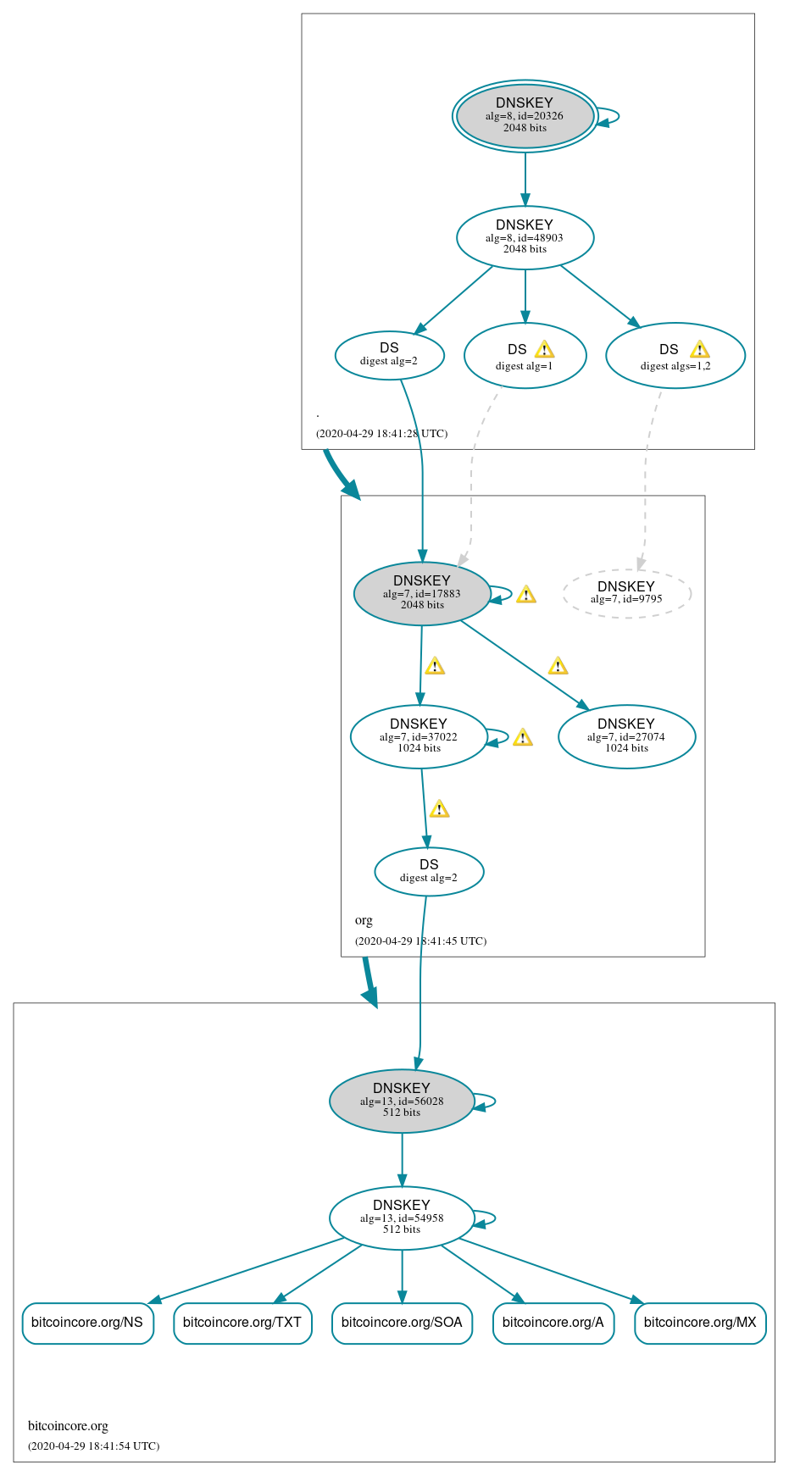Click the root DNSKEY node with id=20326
[x=525, y=116]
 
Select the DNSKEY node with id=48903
[x=525, y=237]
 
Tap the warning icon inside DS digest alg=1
[x=544, y=349]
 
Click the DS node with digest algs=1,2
[x=675, y=356]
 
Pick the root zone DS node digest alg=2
[x=389, y=355]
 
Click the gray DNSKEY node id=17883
[x=421, y=593]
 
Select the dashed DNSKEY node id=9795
[x=626, y=593]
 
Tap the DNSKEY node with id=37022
[x=418, y=736]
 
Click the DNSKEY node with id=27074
[x=626, y=736]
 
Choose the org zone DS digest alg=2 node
[x=429, y=871]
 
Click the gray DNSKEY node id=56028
[x=401, y=1101]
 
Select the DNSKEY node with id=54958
[x=401, y=1218]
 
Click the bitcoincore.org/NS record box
[x=87, y=1323]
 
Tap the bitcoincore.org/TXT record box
[x=242, y=1323]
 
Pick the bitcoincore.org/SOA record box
[x=402, y=1323]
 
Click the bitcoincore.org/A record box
[x=553, y=1323]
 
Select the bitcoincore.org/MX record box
[x=700, y=1323]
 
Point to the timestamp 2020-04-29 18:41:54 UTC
[x=93, y=1445]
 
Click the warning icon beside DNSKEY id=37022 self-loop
[x=523, y=737]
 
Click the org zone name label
[x=364, y=920]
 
